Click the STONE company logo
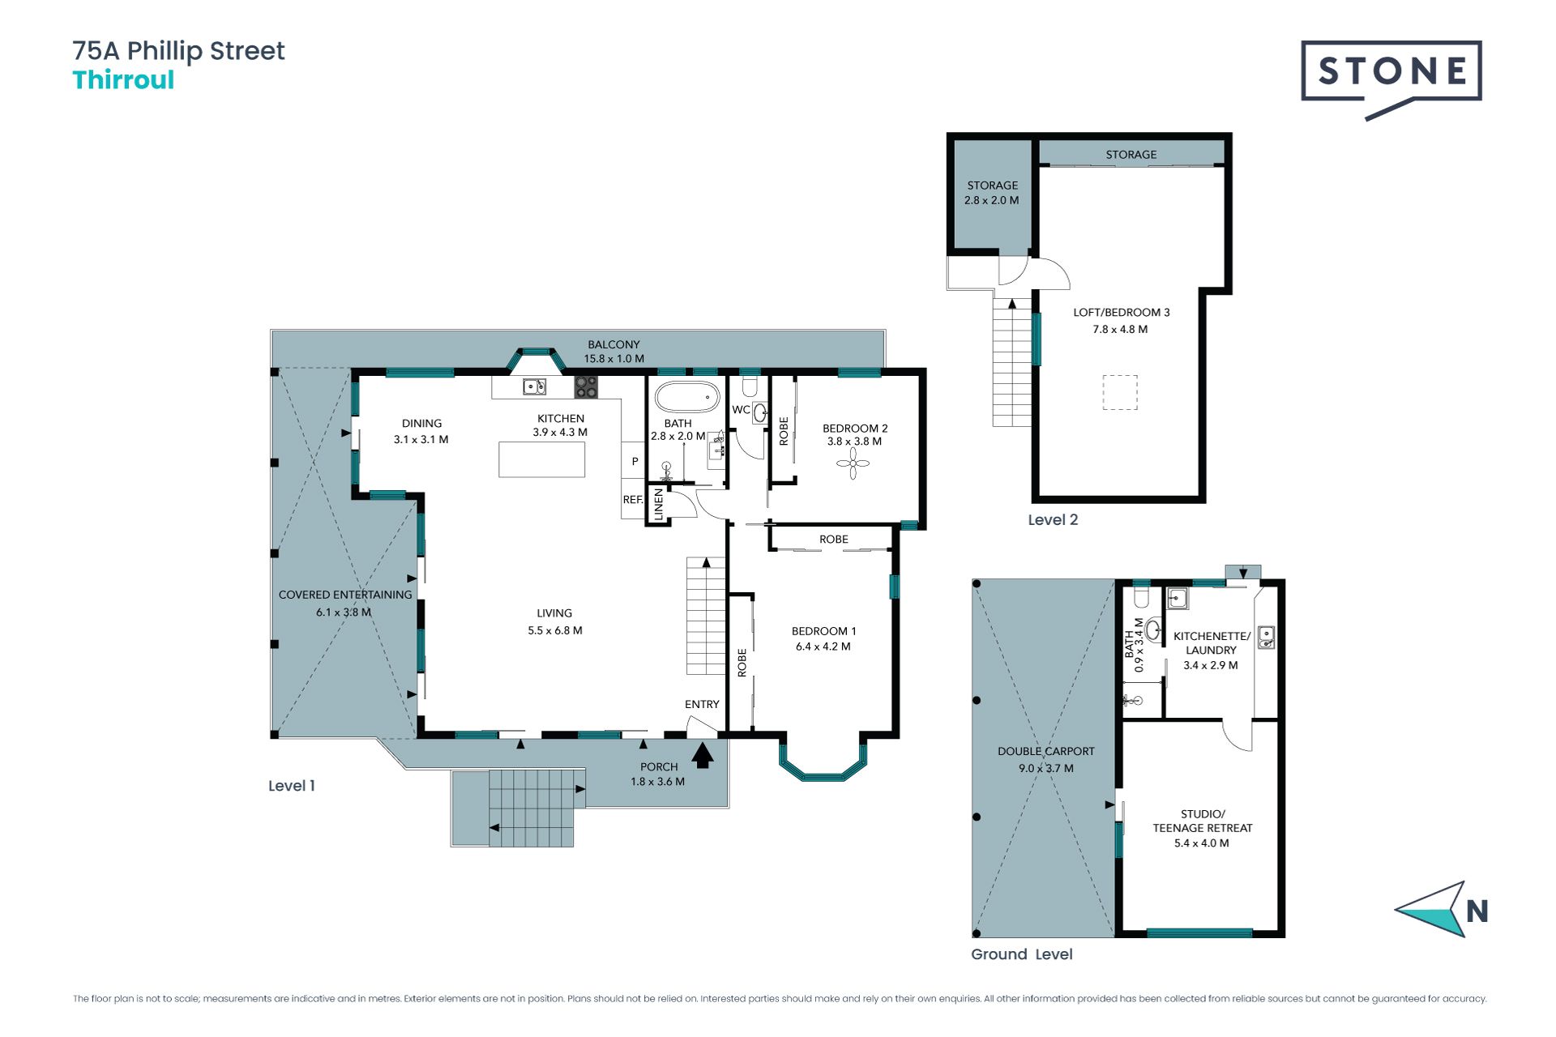pos(1391,79)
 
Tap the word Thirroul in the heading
pos(123,80)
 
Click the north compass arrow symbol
pos(1431,909)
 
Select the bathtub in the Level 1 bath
pos(687,398)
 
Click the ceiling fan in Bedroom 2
pos(853,463)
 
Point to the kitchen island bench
pos(541,459)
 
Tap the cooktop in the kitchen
pos(586,386)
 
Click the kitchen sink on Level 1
pos(534,386)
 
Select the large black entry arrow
pos(703,755)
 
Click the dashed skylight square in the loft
pos(1119,392)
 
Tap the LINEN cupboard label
pos(659,504)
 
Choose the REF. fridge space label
pos(633,500)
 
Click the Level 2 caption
pos(1053,520)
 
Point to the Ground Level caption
pos(1021,954)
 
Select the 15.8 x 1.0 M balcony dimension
pos(614,359)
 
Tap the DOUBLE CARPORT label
pos(1045,752)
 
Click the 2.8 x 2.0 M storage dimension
pos(992,200)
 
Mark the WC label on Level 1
pos(741,410)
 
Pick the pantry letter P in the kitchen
pos(635,462)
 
